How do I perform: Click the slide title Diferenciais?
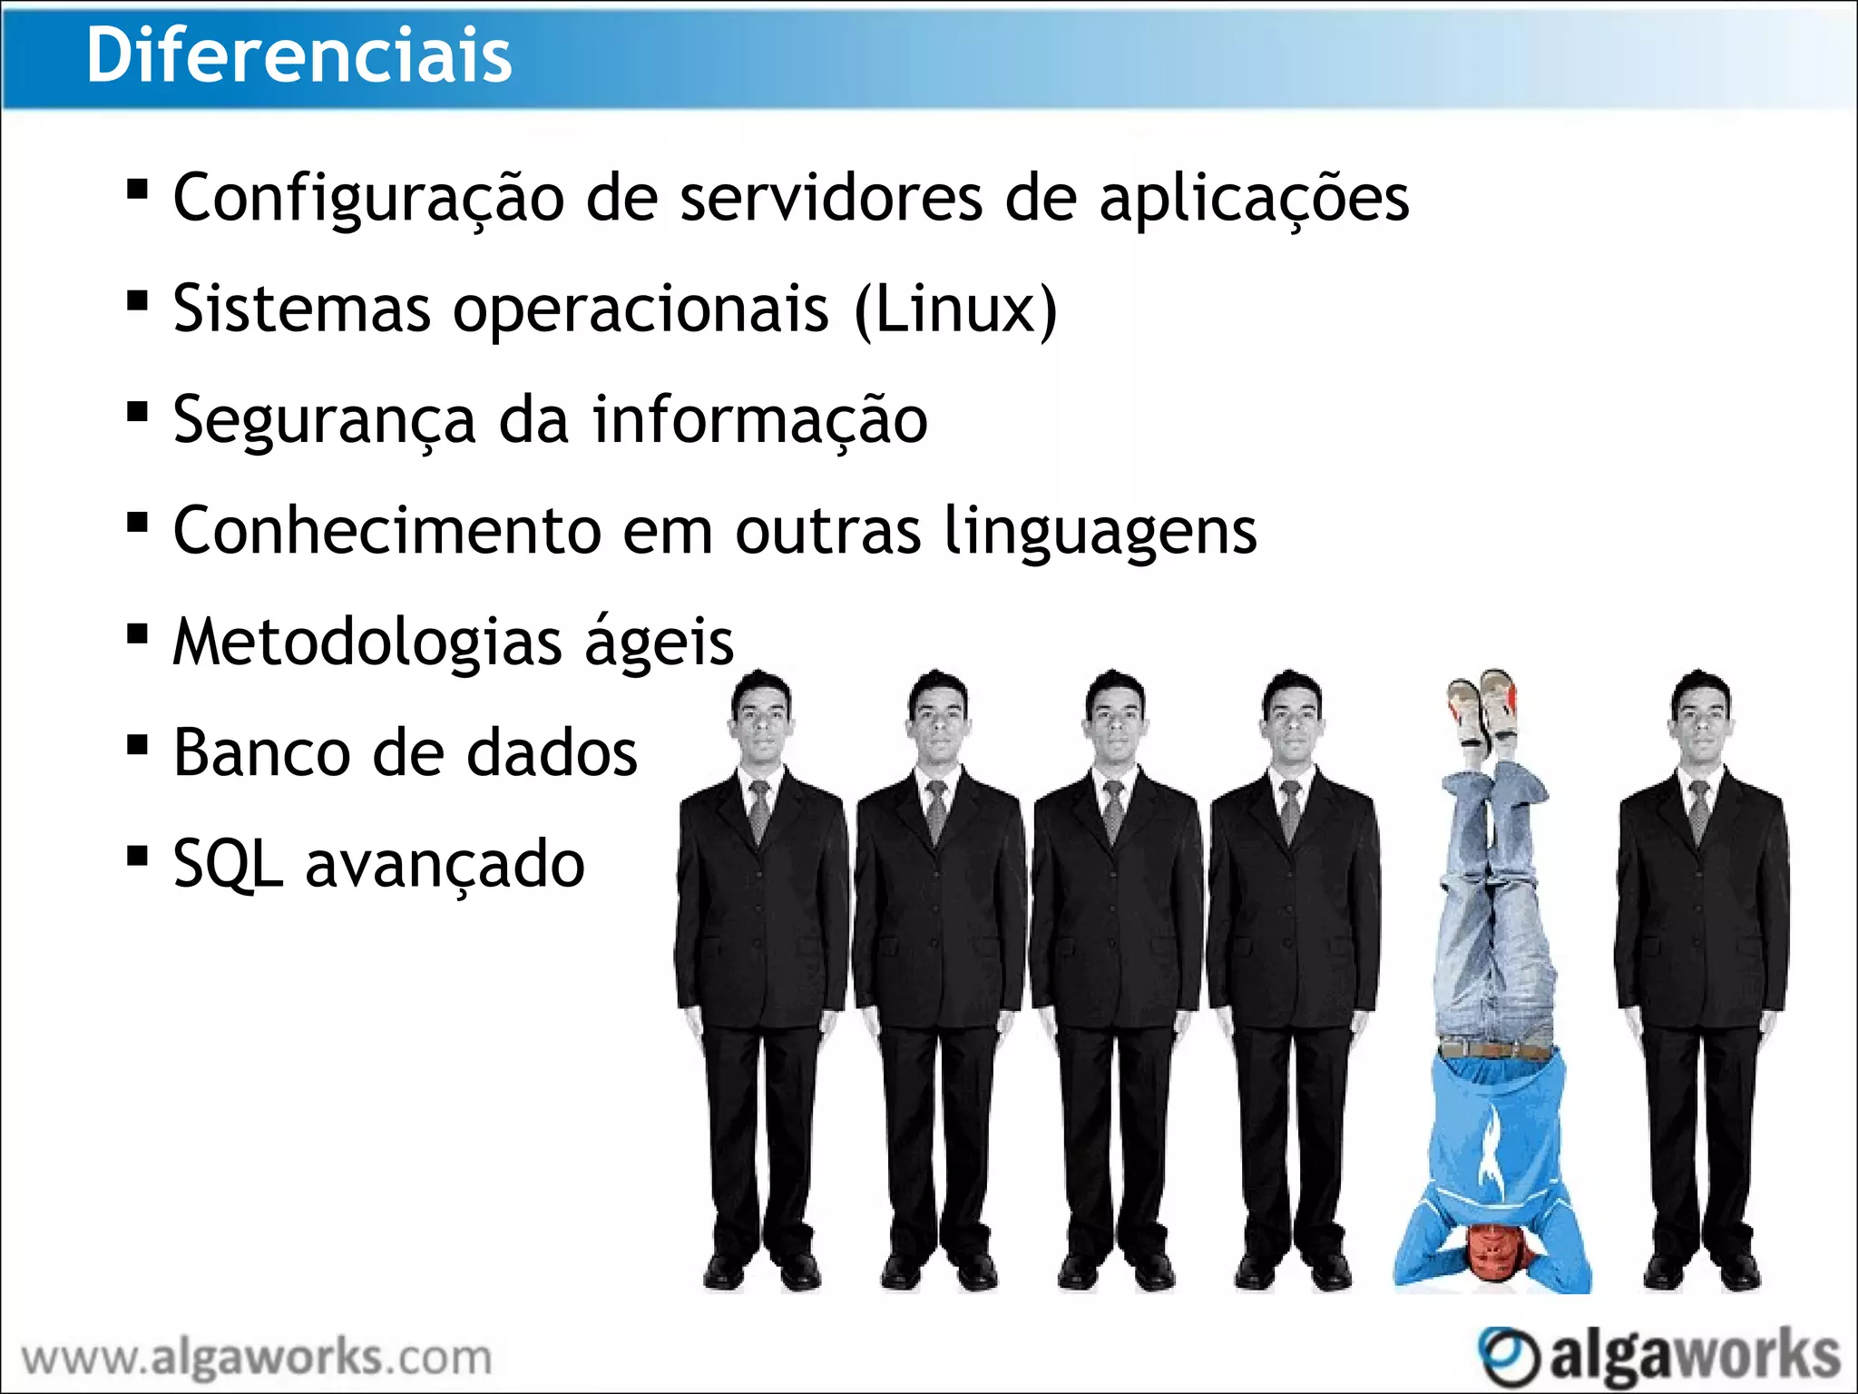[x=299, y=56]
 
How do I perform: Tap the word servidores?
[x=831, y=198]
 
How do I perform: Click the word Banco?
[x=261, y=753]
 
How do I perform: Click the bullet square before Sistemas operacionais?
[x=138, y=300]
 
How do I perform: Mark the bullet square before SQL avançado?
[x=138, y=856]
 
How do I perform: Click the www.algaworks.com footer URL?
[x=257, y=1359]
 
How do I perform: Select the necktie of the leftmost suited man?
[x=759, y=810]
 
